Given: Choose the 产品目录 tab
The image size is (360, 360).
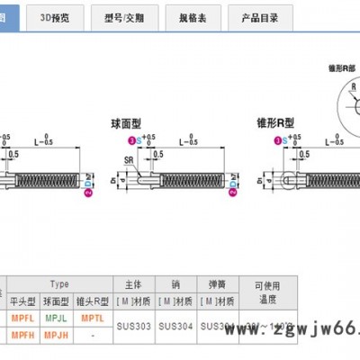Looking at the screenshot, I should [260, 17].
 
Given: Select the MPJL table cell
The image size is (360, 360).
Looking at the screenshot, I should [56, 318].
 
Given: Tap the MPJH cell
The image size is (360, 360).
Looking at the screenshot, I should [56, 335].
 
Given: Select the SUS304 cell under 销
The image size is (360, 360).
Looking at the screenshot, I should [175, 326].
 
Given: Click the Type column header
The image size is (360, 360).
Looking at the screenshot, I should [59, 283].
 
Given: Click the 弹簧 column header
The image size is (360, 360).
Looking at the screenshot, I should [216, 283].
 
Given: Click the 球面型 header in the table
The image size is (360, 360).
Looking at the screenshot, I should [56, 301].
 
